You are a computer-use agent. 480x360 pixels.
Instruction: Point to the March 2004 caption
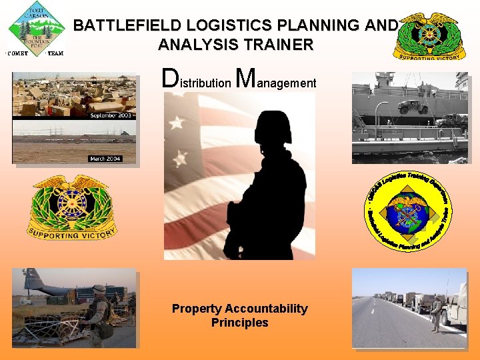pos(107,158)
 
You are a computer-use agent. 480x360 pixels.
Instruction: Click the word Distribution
pos(197,81)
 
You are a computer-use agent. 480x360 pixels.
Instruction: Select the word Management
pos(276,81)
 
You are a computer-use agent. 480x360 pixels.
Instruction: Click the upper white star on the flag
pos(177,123)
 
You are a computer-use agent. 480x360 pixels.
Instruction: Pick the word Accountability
pos(266,309)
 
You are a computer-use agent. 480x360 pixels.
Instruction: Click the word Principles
pos(239,323)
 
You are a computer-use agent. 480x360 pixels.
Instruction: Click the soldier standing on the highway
pos(436,313)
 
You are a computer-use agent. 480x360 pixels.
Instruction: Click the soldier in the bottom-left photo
pos(98,313)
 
